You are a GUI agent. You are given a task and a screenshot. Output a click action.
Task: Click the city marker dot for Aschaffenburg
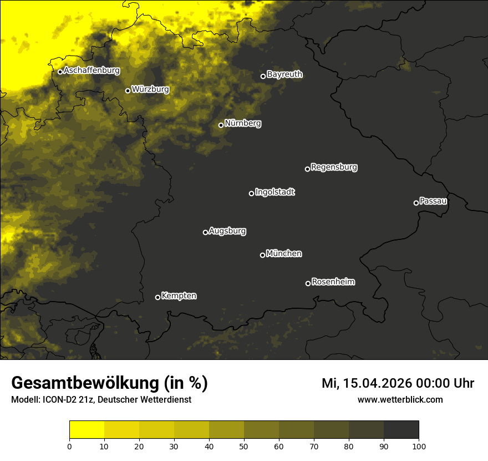pos(60,72)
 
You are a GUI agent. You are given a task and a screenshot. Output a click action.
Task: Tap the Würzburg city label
pos(150,89)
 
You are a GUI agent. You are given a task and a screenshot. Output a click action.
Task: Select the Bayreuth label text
pos(284,74)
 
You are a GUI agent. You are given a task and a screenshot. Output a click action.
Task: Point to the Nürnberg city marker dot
pos(221,125)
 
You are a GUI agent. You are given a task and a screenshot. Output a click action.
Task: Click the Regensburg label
pos(334,167)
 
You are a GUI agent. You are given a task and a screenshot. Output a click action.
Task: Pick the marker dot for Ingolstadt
pos(251,193)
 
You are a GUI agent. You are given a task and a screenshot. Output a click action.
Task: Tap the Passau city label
pos(433,201)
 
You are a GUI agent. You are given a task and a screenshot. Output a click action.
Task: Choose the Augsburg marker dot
pos(205,232)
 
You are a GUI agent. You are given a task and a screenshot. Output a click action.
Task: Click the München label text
pos(284,254)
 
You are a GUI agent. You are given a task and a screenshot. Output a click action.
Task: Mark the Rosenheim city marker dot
pos(308,284)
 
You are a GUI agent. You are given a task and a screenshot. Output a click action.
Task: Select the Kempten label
pos(179,296)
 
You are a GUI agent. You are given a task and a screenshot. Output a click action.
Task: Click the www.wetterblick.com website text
pos(400,400)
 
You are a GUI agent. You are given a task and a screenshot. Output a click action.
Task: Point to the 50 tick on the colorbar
pos(244,445)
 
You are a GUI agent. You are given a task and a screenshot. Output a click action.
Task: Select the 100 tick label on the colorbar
pos(419,445)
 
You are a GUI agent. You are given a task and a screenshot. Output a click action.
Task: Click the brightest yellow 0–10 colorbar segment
pos(87,429)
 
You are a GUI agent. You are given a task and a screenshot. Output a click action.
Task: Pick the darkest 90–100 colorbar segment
pos(401,429)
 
